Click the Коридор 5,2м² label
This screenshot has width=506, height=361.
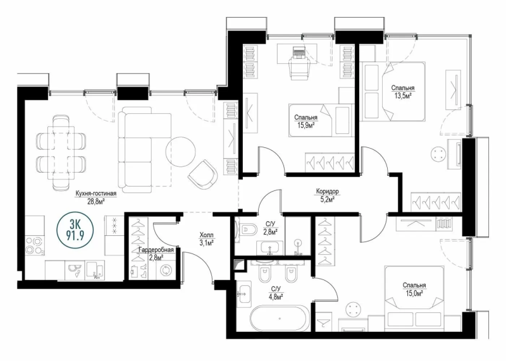point(328,194)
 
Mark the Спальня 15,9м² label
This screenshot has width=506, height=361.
point(305,121)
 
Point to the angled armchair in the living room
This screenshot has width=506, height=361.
point(203,173)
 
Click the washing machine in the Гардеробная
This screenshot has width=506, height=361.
point(166,270)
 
